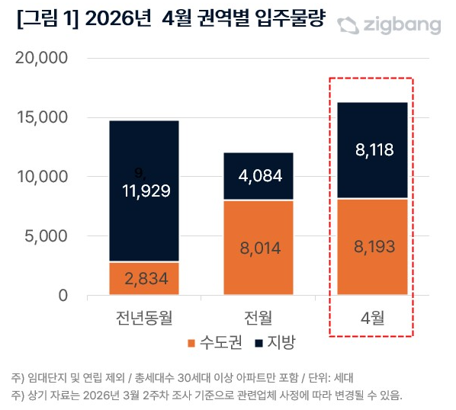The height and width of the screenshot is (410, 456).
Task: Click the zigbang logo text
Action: (400, 25)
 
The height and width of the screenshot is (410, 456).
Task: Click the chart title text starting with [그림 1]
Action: (171, 21)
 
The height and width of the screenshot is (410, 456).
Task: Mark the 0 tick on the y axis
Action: (63, 296)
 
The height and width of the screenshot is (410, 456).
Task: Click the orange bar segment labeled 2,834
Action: (144, 279)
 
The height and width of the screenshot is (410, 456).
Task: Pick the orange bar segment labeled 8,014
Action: (259, 248)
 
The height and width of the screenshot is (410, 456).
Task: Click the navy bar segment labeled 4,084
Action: (259, 176)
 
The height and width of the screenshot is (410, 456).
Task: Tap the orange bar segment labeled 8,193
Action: (373, 247)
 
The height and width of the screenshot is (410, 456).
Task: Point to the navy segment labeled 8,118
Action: (373, 150)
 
